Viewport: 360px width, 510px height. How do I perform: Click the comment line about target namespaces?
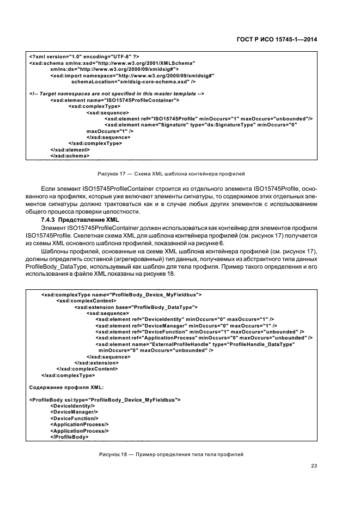(x=117, y=94)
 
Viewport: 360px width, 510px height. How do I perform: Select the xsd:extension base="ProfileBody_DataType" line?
(x=136, y=307)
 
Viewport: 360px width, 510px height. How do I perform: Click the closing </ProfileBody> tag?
(x=69, y=437)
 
